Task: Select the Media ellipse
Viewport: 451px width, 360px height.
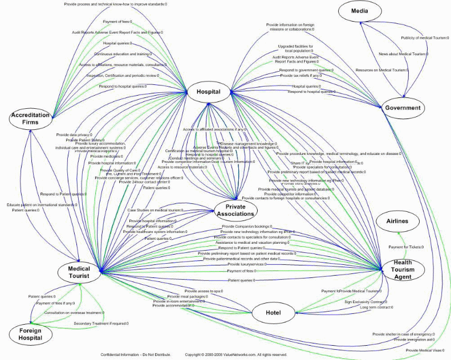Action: pyautogui.click(x=359, y=11)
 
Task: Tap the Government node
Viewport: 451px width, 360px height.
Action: pyautogui.click(x=402, y=108)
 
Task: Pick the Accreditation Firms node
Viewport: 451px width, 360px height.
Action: pyautogui.click(x=30, y=118)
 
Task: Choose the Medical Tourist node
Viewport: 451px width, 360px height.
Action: pyautogui.click(x=79, y=272)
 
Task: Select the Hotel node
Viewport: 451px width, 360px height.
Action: pyautogui.click(x=274, y=312)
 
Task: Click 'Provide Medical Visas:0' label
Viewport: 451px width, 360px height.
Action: pyautogui.click(x=424, y=350)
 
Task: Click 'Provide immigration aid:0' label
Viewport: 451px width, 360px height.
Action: pyautogui.click(x=414, y=339)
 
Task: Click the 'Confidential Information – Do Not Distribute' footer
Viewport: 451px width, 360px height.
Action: pyautogui.click(x=136, y=354)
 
